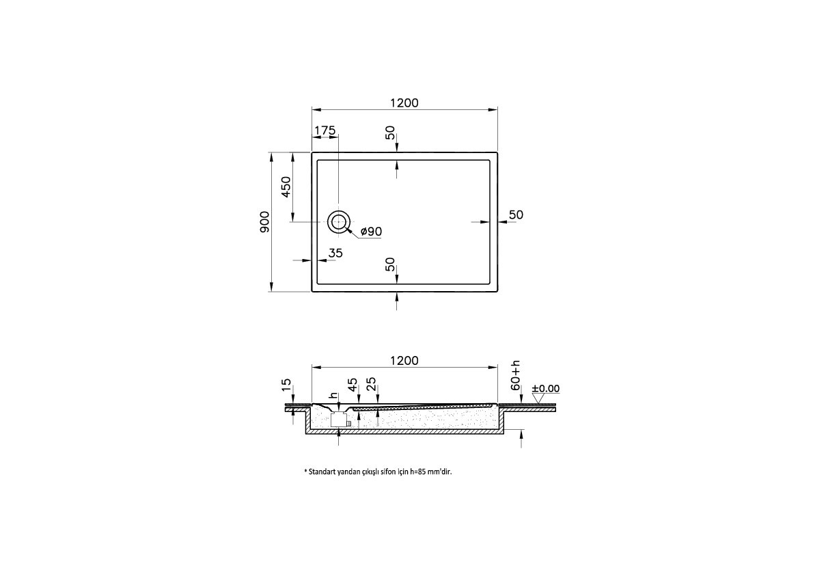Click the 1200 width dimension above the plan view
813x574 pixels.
pos(404,102)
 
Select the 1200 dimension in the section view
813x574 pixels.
pos(404,360)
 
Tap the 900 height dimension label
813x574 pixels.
pos(265,221)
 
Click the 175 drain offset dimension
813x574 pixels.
pos(325,131)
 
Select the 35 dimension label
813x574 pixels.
pos(335,253)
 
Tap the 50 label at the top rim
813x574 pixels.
pos(390,133)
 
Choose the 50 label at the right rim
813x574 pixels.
pos(516,215)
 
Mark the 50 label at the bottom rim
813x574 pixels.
pos(390,264)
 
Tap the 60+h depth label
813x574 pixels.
pos(516,374)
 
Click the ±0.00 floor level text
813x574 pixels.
pos(546,388)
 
